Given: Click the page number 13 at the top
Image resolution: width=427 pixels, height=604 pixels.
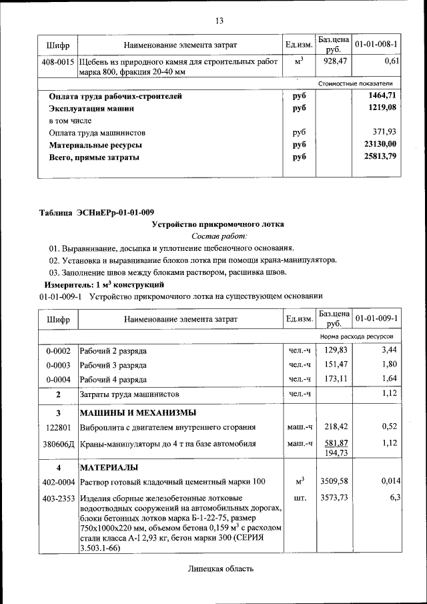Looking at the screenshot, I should tap(219, 21).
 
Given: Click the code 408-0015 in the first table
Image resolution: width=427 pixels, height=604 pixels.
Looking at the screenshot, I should tap(58, 61).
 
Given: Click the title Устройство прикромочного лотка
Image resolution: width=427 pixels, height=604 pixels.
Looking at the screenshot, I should tap(219, 225).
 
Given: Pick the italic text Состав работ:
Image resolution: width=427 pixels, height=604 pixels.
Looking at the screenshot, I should tap(219, 236).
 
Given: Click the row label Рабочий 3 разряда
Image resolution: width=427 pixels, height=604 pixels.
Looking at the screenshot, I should tap(113, 365).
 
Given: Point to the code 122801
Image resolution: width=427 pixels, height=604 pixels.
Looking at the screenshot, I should tap(58, 426).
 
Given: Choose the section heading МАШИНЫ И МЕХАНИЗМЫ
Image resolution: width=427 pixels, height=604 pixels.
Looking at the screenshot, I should tap(138, 412).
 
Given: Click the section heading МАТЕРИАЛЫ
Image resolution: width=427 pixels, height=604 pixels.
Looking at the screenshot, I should tap(109, 467).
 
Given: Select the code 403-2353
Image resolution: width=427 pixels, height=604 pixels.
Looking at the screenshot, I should tap(58, 498).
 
